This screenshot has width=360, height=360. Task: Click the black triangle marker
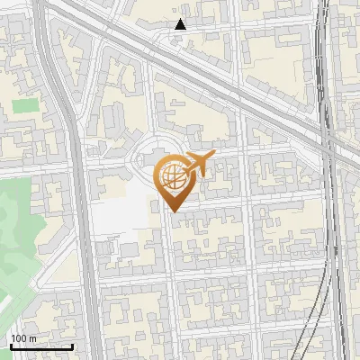181,24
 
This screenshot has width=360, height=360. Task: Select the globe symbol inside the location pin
172,176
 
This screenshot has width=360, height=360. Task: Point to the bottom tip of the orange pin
173,210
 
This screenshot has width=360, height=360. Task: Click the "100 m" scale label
24,337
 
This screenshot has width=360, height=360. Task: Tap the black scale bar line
41,346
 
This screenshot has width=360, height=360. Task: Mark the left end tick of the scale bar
10,346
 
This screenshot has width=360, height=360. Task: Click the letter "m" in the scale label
33,337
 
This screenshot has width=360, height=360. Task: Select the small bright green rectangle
25,105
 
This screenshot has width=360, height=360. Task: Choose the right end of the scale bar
73,346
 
